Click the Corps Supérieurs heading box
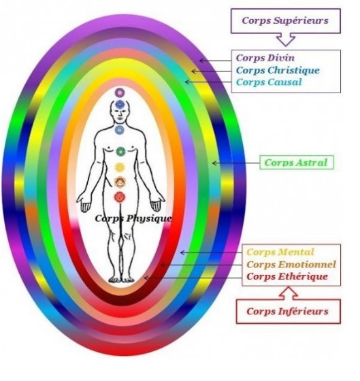[x=285, y=21]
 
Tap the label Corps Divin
[x=265, y=58]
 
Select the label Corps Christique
[x=278, y=70]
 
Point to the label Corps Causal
[x=269, y=82]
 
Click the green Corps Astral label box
[x=297, y=163]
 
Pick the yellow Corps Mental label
[x=280, y=252]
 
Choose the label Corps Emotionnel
[x=291, y=265]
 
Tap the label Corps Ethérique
[x=287, y=276]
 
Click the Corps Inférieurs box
[x=289, y=312]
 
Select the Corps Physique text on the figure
[x=133, y=218]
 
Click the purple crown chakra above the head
[x=120, y=93]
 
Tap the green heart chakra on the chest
[x=120, y=152]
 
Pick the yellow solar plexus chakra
[x=120, y=167]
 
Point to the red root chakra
[x=119, y=197]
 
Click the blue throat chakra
[x=119, y=130]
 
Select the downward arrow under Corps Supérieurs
[x=286, y=39]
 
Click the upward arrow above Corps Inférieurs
[x=289, y=293]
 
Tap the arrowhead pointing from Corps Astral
[x=214, y=163]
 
